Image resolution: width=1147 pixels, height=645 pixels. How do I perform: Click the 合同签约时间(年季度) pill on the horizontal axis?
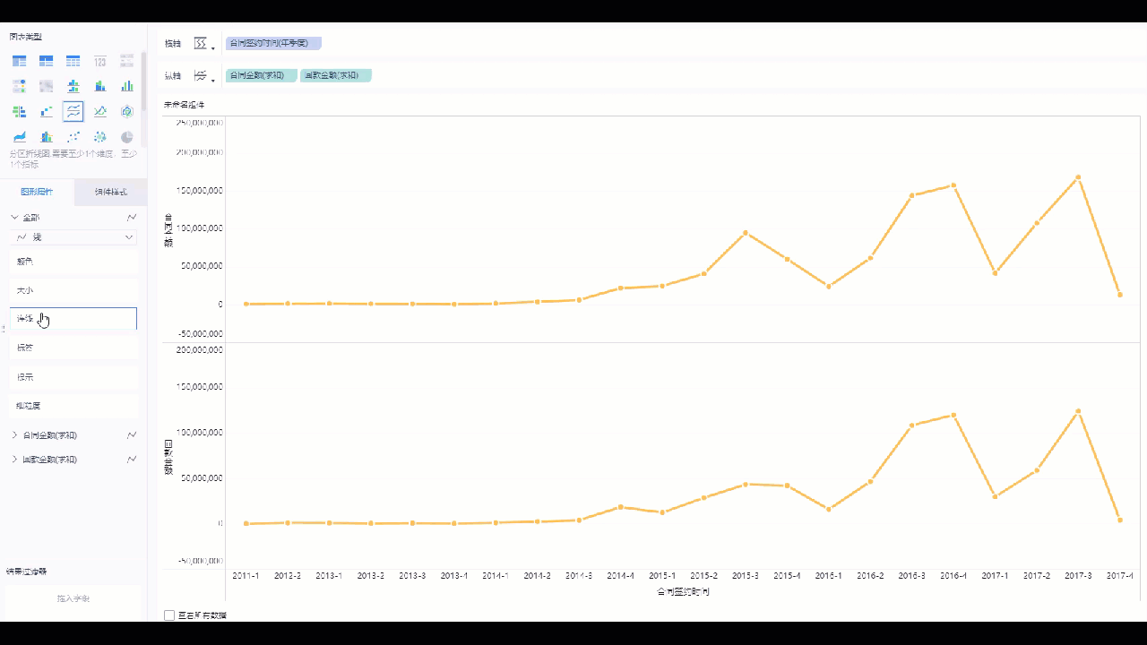pyautogui.click(x=273, y=43)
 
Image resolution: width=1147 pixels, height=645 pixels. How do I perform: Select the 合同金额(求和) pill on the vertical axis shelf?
pyautogui.click(x=261, y=75)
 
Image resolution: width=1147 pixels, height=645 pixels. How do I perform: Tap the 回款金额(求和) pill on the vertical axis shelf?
pyautogui.click(x=335, y=75)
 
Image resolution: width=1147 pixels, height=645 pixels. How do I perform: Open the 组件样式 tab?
pyautogui.click(x=111, y=193)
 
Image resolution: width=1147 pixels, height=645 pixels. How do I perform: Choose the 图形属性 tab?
pyautogui.click(x=37, y=193)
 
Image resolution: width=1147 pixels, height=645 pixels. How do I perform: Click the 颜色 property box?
pyautogui.click(x=73, y=262)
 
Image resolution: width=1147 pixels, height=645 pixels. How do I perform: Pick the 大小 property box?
pyautogui.click(x=73, y=290)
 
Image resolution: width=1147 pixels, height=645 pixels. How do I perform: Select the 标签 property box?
pyautogui.click(x=73, y=348)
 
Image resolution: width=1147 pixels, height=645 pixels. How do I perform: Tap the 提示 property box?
pyautogui.click(x=73, y=377)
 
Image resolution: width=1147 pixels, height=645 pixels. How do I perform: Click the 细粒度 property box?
pyautogui.click(x=73, y=406)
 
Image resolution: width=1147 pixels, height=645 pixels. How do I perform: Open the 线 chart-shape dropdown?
pyautogui.click(x=73, y=237)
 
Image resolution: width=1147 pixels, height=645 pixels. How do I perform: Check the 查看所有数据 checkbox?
pyautogui.click(x=169, y=615)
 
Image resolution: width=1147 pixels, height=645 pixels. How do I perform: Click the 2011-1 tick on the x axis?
pyautogui.click(x=246, y=575)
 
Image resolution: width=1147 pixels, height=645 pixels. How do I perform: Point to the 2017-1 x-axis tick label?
pyautogui.click(x=995, y=575)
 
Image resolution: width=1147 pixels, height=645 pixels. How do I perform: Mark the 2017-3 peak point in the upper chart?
pyautogui.click(x=1078, y=177)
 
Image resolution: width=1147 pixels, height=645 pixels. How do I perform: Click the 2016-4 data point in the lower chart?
pyautogui.click(x=953, y=416)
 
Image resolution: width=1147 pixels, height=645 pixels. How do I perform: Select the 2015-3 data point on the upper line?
pyautogui.click(x=746, y=233)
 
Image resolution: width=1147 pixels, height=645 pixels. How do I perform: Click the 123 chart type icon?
pyautogui.click(x=100, y=61)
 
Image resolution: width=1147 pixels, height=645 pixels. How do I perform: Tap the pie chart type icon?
pyautogui.click(x=127, y=137)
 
